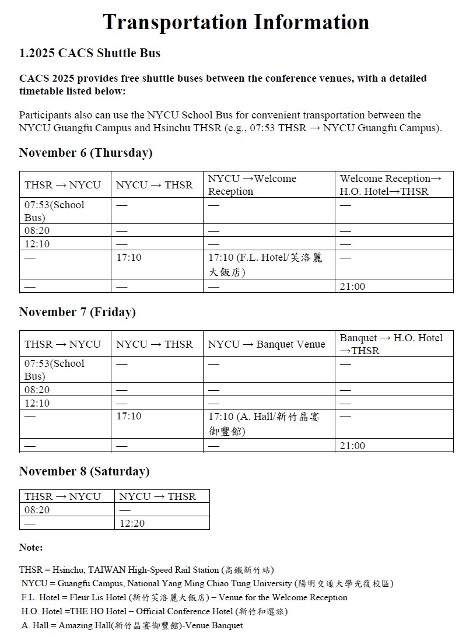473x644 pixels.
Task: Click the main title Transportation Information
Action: [236, 22]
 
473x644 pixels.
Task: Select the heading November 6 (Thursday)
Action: [86, 153]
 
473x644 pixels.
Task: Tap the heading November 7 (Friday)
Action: [78, 312]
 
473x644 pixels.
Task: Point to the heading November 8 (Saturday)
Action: [84, 471]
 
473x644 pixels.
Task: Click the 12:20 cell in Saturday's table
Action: [132, 523]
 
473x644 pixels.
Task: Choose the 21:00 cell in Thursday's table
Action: [353, 286]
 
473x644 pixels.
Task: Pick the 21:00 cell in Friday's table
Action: [353, 446]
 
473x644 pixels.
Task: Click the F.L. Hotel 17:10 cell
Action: [265, 264]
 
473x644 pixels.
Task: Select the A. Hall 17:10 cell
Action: [264, 423]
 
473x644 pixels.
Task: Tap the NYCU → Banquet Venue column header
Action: [267, 344]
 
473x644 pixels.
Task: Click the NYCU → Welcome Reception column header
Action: [253, 185]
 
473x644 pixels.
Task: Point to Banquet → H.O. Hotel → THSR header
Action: [391, 344]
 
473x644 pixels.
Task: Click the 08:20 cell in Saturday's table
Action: [37, 510]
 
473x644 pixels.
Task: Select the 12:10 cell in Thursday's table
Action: [37, 243]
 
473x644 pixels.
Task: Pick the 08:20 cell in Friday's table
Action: [37, 390]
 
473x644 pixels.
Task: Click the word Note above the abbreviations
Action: [31, 547]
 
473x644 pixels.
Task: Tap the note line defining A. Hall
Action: [132, 625]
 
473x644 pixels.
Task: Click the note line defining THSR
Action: [146, 570]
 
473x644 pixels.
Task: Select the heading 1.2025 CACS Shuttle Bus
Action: [90, 53]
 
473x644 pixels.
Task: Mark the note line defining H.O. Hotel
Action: [155, 611]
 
